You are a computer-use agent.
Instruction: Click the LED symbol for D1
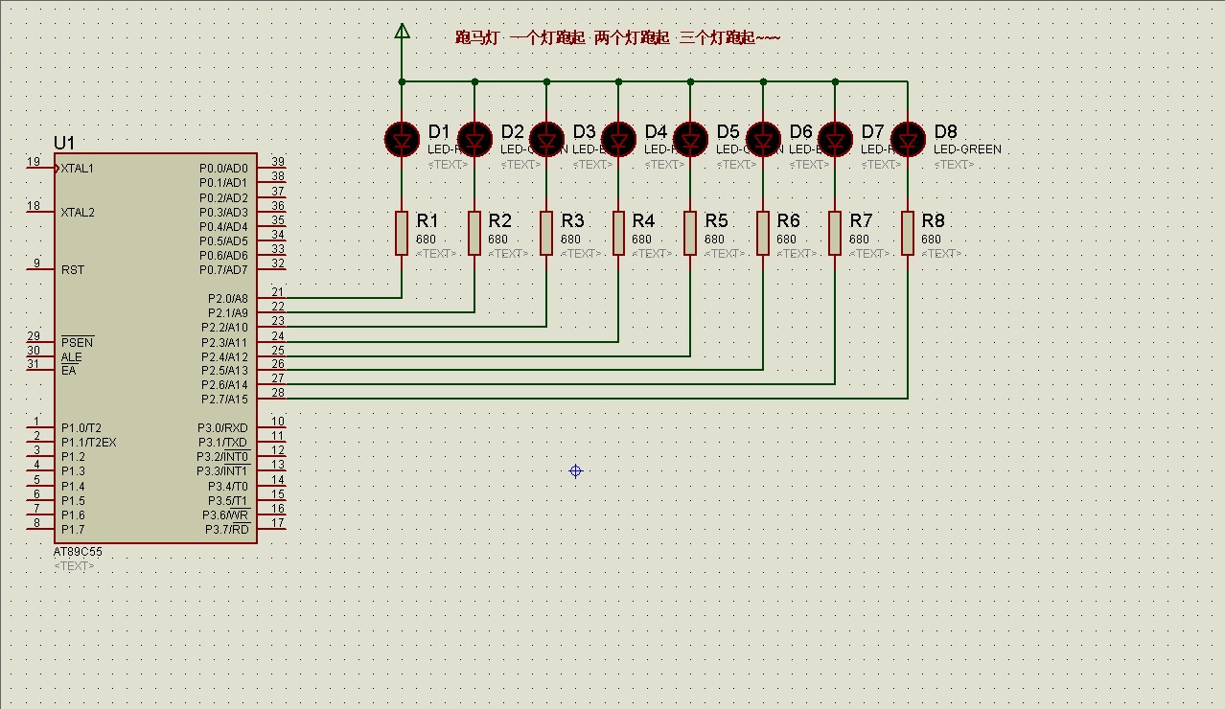pyautogui.click(x=402, y=140)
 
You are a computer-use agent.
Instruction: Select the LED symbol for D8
pyautogui.click(x=907, y=140)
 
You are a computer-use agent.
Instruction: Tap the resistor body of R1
pyautogui.click(x=402, y=234)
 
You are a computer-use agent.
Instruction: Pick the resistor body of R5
pyautogui.click(x=690, y=234)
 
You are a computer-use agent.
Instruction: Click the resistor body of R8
pyautogui.click(x=907, y=234)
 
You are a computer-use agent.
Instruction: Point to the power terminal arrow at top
pyautogui.click(x=402, y=32)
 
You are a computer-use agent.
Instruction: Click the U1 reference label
pyautogui.click(x=64, y=143)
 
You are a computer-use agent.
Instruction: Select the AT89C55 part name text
pyautogui.click(x=78, y=553)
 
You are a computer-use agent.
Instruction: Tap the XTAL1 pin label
pyautogui.click(x=78, y=169)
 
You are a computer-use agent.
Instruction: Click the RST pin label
pyautogui.click(x=73, y=270)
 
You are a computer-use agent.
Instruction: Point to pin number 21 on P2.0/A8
pyautogui.click(x=277, y=292)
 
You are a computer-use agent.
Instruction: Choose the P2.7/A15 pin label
pyautogui.click(x=224, y=399)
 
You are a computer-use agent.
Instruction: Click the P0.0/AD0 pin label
pyautogui.click(x=223, y=169)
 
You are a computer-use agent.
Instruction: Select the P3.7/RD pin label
pyautogui.click(x=226, y=530)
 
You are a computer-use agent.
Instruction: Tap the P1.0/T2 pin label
pyautogui.click(x=81, y=428)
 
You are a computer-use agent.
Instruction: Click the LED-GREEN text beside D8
pyautogui.click(x=967, y=149)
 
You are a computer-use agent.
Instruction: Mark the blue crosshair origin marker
pyautogui.click(x=575, y=470)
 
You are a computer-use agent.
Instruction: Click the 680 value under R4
pyautogui.click(x=641, y=240)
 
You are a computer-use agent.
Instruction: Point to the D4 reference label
pyautogui.click(x=656, y=131)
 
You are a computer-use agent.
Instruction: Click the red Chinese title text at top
pyautogui.click(x=617, y=38)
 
